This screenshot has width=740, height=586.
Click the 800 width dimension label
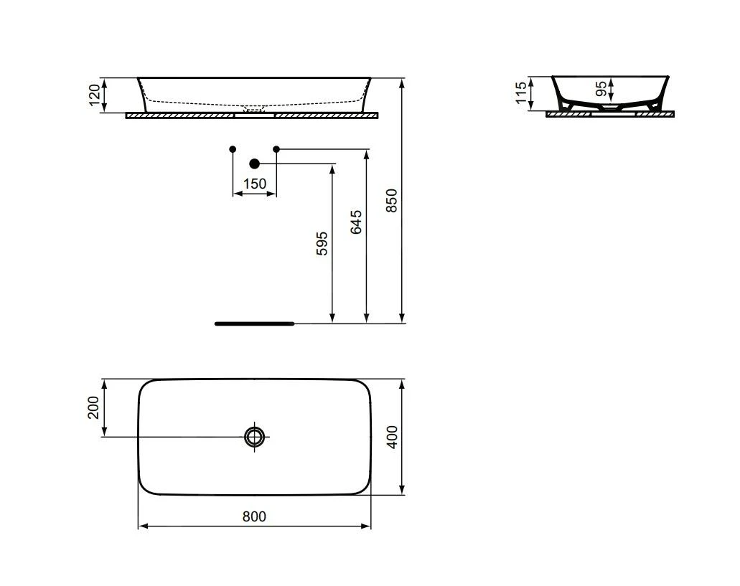pyautogui.click(x=254, y=516)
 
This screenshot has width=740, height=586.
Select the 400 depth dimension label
pyautogui.click(x=392, y=436)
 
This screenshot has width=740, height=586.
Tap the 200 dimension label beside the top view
pyautogui.click(x=94, y=407)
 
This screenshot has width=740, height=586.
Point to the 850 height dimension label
pyautogui.click(x=392, y=201)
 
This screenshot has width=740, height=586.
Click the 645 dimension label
pyautogui.click(x=357, y=222)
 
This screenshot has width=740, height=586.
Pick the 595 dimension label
pyautogui.click(x=322, y=243)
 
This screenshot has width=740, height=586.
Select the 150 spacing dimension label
pyautogui.click(x=254, y=184)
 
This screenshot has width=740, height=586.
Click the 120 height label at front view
pyautogui.click(x=95, y=95)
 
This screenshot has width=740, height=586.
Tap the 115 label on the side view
pyautogui.click(x=521, y=93)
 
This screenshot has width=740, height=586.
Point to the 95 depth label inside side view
pyautogui.click(x=601, y=89)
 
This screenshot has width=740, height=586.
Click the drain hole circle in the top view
pyautogui.click(x=254, y=436)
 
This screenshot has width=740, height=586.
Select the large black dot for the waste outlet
pyautogui.click(x=254, y=164)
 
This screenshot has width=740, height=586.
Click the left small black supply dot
pyautogui.click(x=233, y=149)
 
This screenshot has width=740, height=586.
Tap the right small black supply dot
pyautogui.click(x=276, y=149)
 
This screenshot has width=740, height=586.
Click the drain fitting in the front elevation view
pyautogui.click(x=255, y=110)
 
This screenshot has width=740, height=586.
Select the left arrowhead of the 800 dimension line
pyautogui.click(x=141, y=526)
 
